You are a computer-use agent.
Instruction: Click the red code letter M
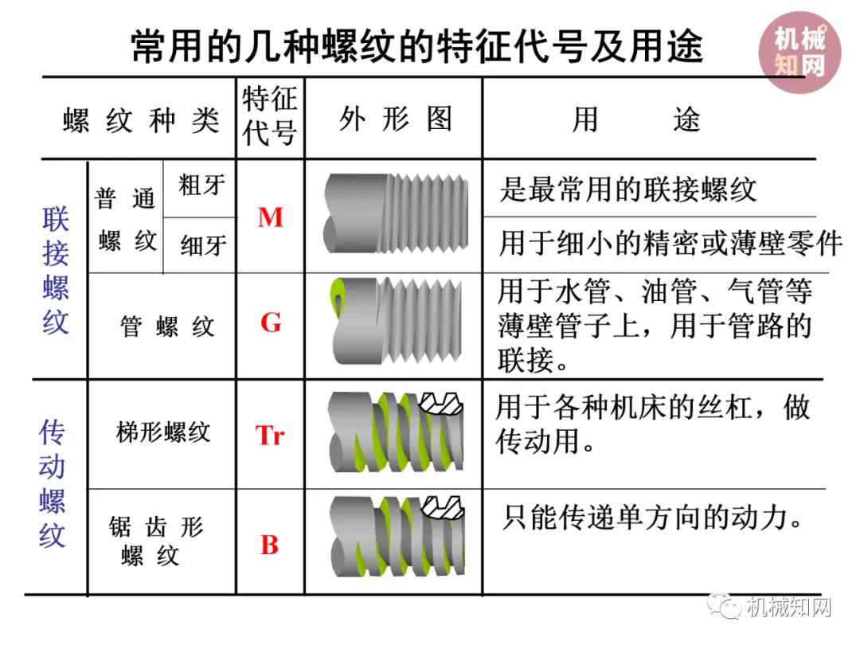[270, 217]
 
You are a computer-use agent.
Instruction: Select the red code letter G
[270, 322]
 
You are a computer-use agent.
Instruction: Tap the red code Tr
[270, 436]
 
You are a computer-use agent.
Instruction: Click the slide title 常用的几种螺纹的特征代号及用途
[416, 47]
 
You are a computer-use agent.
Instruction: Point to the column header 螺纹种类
[140, 121]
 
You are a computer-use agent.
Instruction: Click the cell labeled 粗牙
[202, 186]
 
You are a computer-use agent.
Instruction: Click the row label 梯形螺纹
[163, 432]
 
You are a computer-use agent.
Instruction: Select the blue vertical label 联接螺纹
[56, 271]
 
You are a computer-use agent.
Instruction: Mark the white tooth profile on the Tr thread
[443, 404]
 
